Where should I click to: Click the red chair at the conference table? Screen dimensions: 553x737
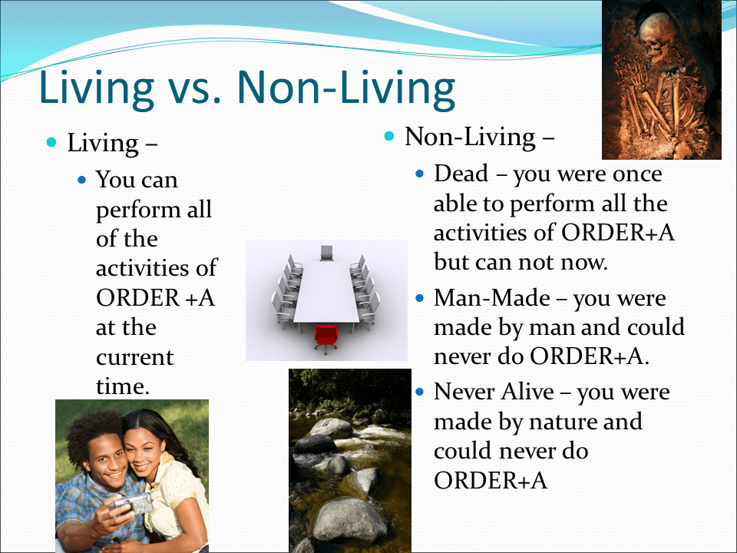click(326, 337)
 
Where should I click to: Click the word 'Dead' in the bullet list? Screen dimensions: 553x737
click(461, 174)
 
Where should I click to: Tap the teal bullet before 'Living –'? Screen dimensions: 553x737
click(51, 143)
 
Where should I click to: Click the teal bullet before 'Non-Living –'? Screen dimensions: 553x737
click(389, 137)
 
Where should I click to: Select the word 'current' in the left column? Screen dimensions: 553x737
click(134, 357)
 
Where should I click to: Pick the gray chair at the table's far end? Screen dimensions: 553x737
click(327, 252)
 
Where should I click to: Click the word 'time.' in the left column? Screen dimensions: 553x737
click(121, 386)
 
